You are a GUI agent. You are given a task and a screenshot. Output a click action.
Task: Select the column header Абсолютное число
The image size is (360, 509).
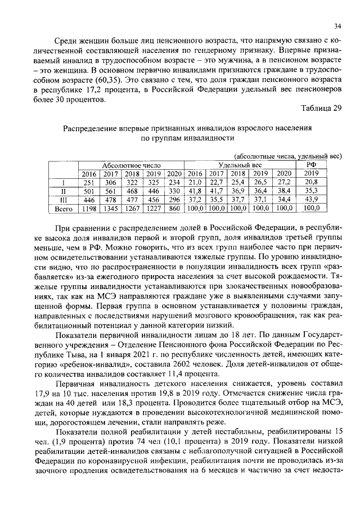tap(130, 165)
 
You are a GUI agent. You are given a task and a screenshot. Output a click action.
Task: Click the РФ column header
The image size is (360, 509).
tap(311, 164)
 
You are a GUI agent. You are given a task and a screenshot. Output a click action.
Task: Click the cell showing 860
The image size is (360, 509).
tap(174, 208)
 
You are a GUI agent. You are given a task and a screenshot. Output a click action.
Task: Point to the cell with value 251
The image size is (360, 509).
tap(87, 182)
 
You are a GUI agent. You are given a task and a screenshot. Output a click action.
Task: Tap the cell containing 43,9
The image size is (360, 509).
tap(311, 200)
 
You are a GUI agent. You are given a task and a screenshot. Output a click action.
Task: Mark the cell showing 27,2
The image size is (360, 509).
tap(284, 182)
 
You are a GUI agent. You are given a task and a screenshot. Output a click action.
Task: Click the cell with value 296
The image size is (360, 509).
tap(174, 200)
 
